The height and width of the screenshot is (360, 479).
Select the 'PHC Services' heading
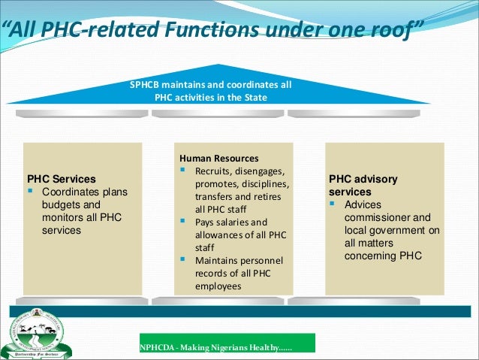point(62,180)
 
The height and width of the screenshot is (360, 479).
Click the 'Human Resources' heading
point(218,159)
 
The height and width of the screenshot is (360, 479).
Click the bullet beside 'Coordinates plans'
point(32,192)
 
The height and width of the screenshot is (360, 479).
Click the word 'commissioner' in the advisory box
point(374,218)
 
